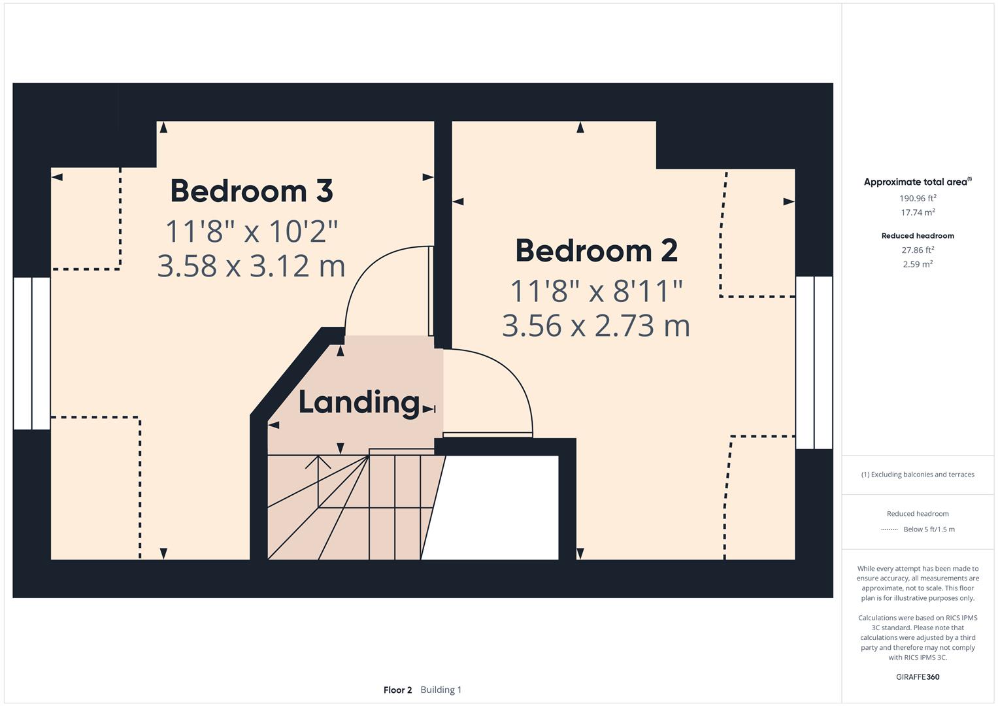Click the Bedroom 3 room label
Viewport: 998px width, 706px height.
tap(252, 191)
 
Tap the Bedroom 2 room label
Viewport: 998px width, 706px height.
tap(596, 251)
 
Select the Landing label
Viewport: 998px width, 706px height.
tap(359, 402)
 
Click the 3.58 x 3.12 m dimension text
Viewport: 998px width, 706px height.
tap(252, 265)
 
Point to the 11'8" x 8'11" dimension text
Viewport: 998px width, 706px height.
tap(596, 291)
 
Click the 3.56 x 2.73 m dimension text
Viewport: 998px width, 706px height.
tap(596, 325)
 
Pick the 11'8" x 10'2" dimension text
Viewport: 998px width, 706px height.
tap(252, 231)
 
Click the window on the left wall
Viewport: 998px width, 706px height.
tap(31, 353)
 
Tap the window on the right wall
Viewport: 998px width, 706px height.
tap(814, 362)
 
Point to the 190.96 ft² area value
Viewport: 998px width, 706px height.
tap(918, 198)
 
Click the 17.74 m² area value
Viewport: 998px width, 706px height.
tap(918, 212)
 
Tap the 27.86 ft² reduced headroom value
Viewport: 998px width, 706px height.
tap(918, 250)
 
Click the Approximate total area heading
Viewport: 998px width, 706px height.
tap(917, 182)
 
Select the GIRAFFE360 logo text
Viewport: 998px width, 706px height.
tap(918, 677)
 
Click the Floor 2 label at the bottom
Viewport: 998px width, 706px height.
tap(397, 690)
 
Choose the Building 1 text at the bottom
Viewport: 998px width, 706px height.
tap(441, 690)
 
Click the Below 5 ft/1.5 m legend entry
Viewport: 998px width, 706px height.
tap(929, 529)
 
